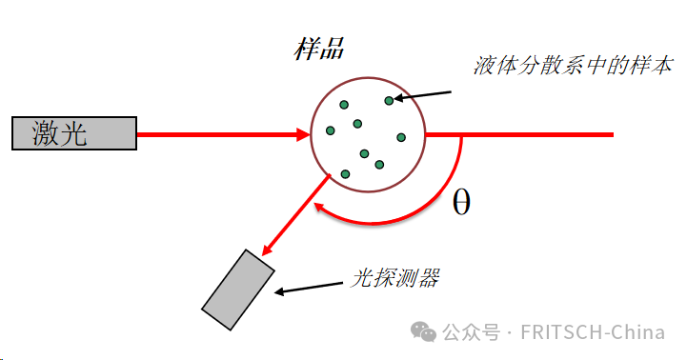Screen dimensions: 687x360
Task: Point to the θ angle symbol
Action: coord(461,202)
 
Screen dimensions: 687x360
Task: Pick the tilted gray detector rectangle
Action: coord(238,290)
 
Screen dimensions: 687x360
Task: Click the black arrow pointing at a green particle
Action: coord(423,94)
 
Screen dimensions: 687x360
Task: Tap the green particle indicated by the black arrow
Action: coord(389,100)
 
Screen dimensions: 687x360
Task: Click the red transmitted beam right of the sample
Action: coord(534,134)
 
